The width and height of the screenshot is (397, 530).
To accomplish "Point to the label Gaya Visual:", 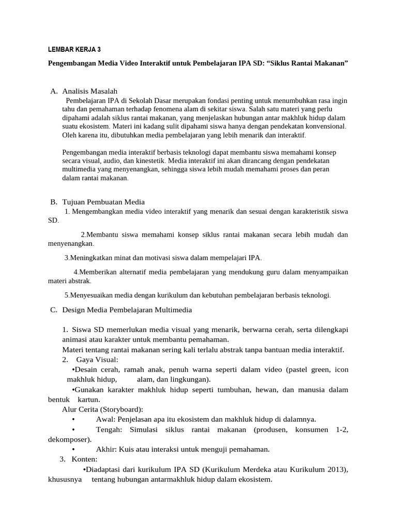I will click(97, 360).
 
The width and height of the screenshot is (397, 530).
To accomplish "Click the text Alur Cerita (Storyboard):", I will click(102, 409).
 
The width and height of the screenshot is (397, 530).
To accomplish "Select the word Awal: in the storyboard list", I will click(106, 419).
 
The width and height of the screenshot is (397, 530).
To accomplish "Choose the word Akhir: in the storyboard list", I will click(107, 449).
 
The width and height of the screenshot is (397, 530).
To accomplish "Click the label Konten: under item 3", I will click(84, 459).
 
